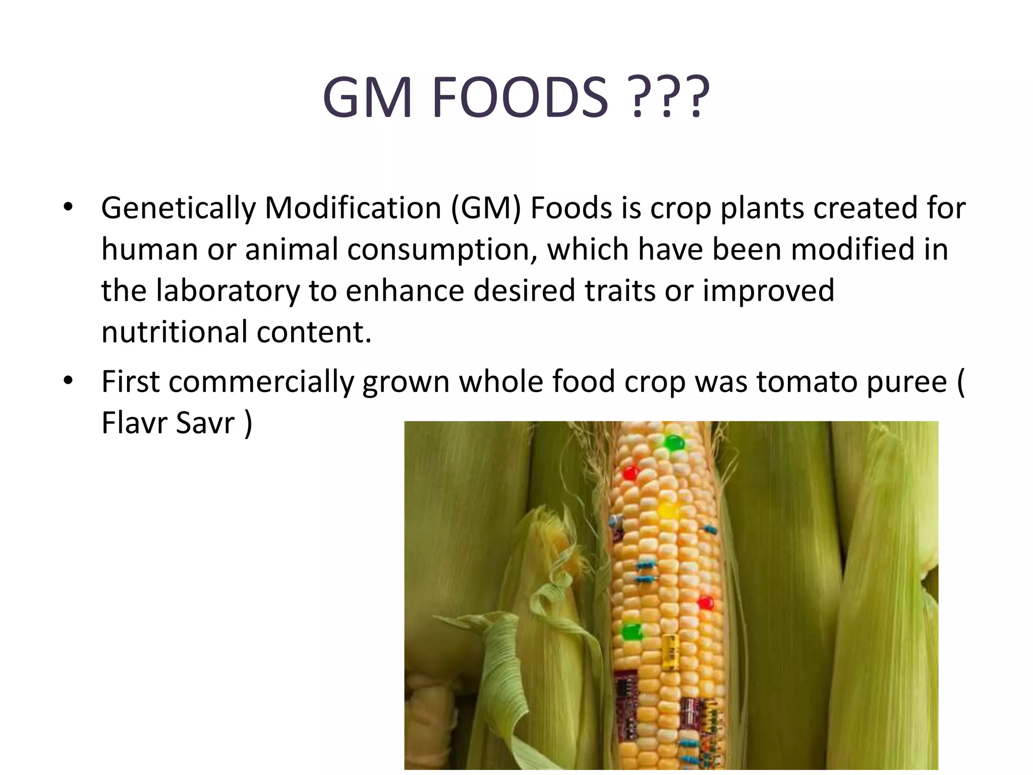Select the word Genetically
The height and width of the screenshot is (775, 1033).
tap(178, 208)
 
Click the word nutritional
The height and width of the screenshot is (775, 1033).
tap(175, 333)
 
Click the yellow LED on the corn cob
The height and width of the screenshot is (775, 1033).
tap(667, 510)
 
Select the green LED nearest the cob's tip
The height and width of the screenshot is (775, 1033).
tap(673, 444)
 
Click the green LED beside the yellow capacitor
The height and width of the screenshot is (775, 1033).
tap(630, 631)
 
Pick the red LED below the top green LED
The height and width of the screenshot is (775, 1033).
tap(630, 473)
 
